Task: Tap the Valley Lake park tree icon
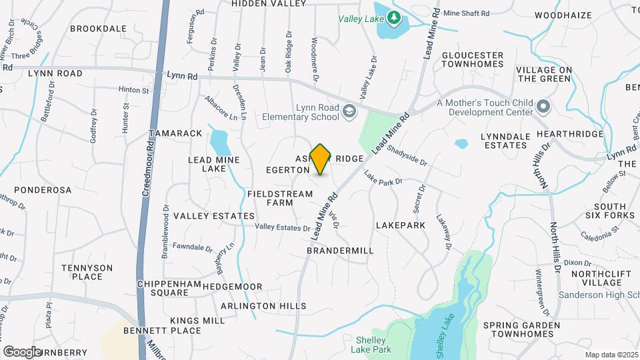[x=394, y=18]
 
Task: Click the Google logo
[x=22, y=351]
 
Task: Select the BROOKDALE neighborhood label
[x=98, y=29]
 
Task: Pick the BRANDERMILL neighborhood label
[x=340, y=250]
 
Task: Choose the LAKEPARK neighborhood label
[x=401, y=226]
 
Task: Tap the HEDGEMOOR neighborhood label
[x=232, y=287]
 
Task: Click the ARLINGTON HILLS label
[x=263, y=306]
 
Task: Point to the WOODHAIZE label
[x=563, y=14]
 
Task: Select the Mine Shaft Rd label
[x=466, y=13]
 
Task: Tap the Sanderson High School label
[x=596, y=295]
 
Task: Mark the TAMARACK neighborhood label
[x=175, y=133]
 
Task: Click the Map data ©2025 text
[x=612, y=355]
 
